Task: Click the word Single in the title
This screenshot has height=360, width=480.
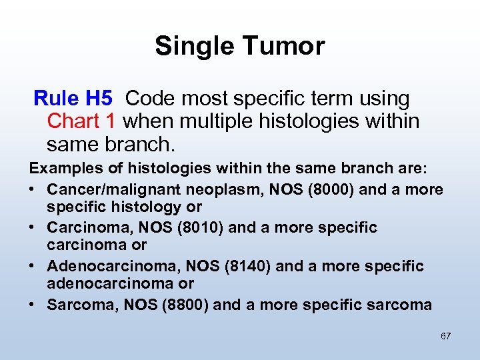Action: (193, 46)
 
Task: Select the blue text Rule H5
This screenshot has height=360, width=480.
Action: (73, 99)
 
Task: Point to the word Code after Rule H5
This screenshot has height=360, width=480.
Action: (149, 99)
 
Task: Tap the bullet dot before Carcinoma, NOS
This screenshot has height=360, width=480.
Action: (33, 228)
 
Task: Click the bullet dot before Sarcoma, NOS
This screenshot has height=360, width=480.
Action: (33, 305)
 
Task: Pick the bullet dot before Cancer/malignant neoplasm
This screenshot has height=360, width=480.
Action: (33, 189)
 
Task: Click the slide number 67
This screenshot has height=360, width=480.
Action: (445, 336)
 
